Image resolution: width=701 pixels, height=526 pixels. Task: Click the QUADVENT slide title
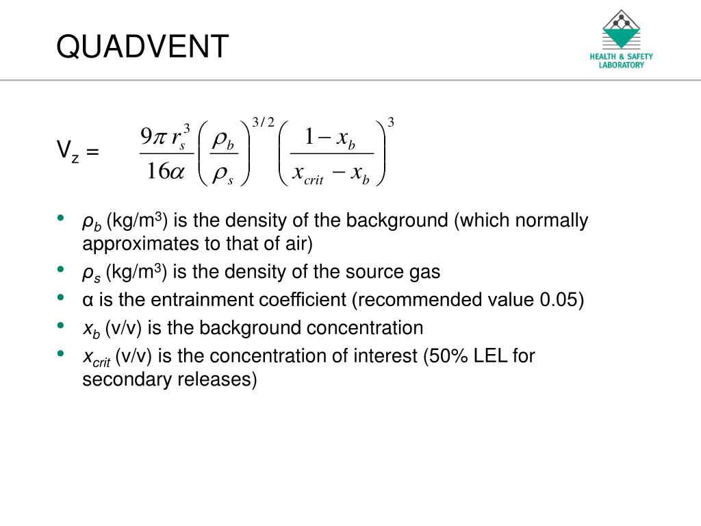(x=142, y=47)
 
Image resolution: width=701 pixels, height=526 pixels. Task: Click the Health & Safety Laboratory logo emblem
(x=621, y=29)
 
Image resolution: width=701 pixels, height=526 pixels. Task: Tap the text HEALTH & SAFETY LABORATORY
(x=621, y=61)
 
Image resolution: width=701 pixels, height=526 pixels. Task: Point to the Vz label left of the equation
(x=77, y=151)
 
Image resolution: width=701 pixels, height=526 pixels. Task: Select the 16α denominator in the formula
(x=165, y=171)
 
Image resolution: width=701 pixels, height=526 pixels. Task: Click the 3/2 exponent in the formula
(x=263, y=123)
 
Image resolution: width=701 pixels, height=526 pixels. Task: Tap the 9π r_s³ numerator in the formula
(x=165, y=136)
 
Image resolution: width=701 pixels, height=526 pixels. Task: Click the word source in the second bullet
(x=359, y=272)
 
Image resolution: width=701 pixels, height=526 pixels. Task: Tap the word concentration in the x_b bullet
(x=365, y=328)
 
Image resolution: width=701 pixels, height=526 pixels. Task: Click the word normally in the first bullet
(x=551, y=221)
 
